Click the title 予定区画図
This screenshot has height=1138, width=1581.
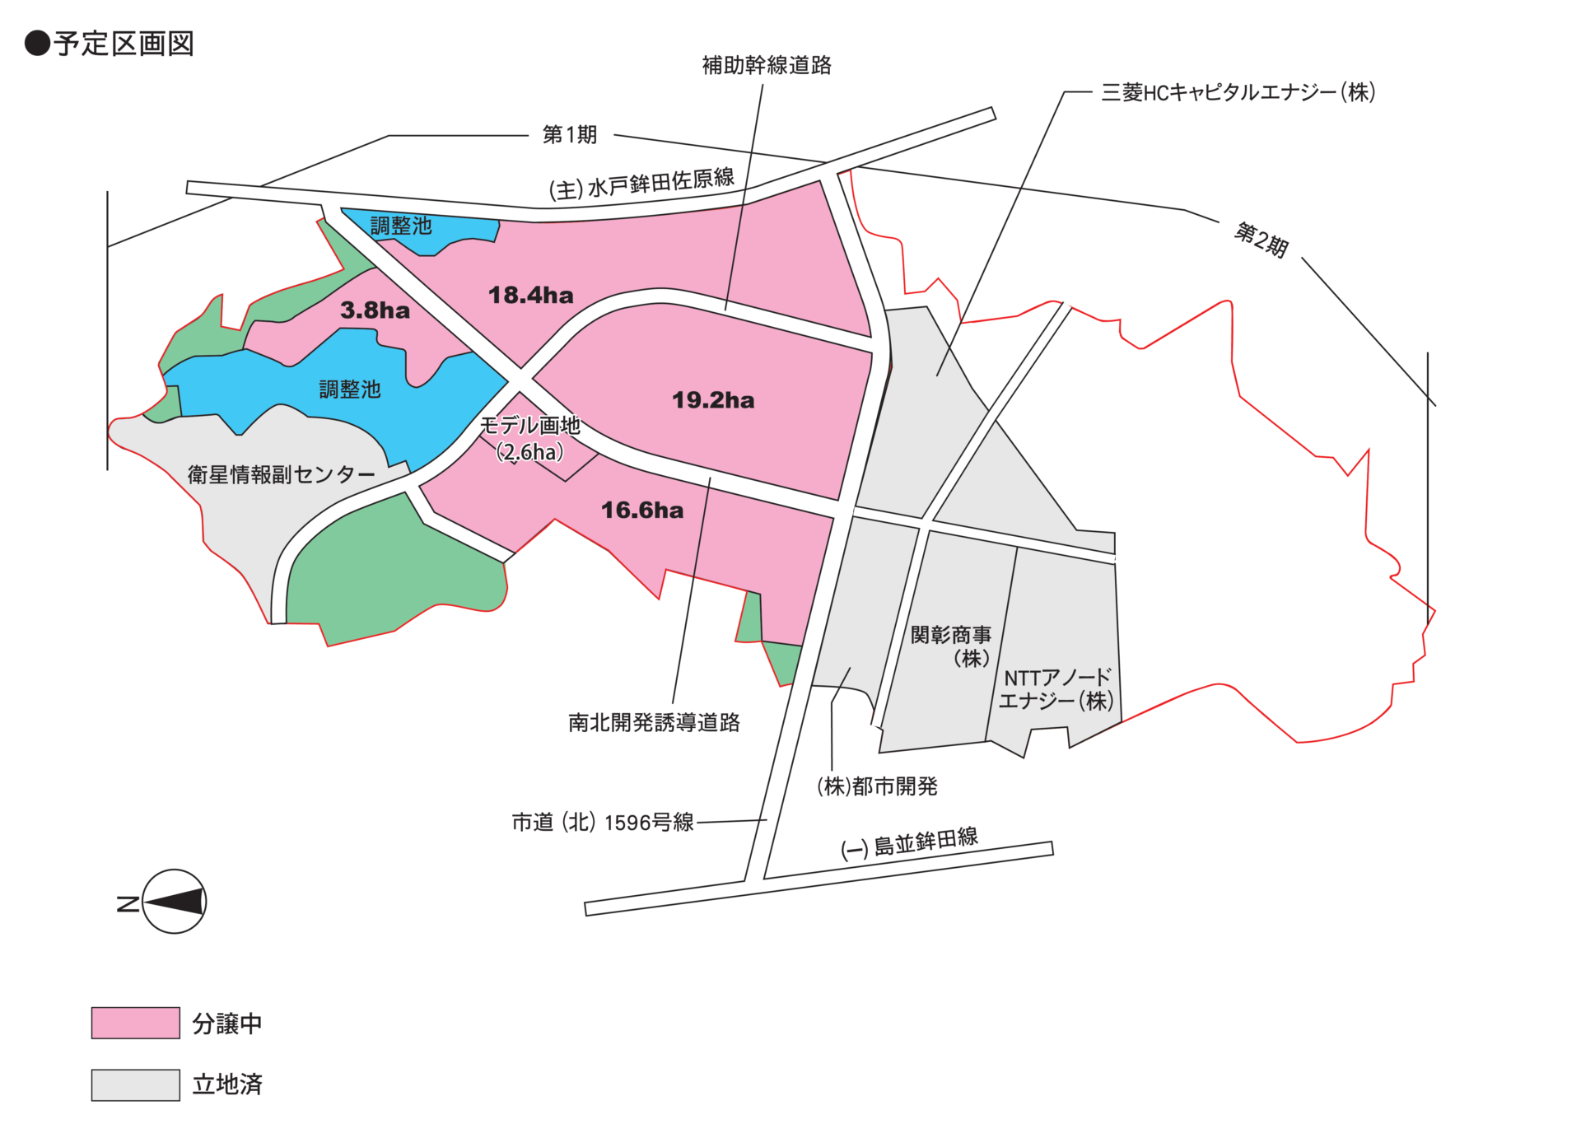tap(124, 44)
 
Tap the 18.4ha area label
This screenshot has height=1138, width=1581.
tap(530, 295)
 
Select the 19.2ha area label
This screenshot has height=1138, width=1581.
tap(713, 400)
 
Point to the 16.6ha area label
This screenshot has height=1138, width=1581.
tap(642, 511)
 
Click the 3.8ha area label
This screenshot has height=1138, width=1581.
tap(375, 310)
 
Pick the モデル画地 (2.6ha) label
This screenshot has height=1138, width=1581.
tap(530, 439)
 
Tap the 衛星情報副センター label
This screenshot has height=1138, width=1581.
tap(281, 474)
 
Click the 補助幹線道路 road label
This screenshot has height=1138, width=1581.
tap(767, 66)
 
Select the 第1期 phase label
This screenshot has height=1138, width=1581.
tap(569, 134)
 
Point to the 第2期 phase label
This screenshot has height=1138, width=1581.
tap(1261, 240)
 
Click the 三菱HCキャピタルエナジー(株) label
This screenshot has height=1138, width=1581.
tap(1238, 92)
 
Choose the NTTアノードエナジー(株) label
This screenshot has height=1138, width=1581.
tap(1056, 689)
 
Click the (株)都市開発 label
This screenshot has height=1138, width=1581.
tap(877, 786)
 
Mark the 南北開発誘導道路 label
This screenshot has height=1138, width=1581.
tap(654, 722)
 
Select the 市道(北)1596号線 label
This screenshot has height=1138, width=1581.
tap(603, 822)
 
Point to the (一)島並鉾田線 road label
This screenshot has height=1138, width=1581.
tap(909, 842)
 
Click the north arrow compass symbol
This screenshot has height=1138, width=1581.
tap(174, 902)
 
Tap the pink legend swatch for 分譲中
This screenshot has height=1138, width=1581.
tap(135, 1023)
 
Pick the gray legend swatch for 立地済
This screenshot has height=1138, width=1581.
tap(135, 1084)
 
